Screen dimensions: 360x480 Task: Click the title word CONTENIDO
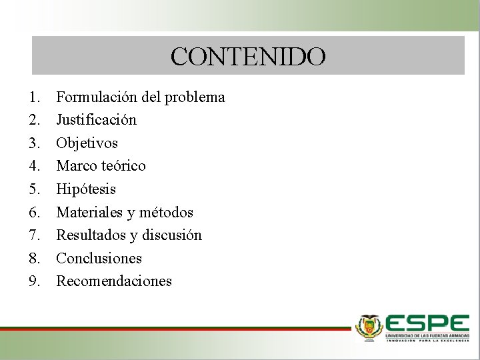248,56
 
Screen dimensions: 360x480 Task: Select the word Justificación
96,120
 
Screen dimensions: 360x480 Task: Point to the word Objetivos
87,143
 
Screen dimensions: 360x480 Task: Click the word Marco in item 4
75,166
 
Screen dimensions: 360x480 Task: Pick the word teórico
121,166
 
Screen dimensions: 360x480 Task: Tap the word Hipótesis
86,189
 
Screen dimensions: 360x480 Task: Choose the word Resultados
87,235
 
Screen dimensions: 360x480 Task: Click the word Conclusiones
99,258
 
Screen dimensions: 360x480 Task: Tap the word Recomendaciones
114,281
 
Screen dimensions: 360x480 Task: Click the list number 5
34,189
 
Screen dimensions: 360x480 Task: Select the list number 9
34,281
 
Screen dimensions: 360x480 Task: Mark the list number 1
34,97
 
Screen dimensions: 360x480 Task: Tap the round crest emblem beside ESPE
369,327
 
